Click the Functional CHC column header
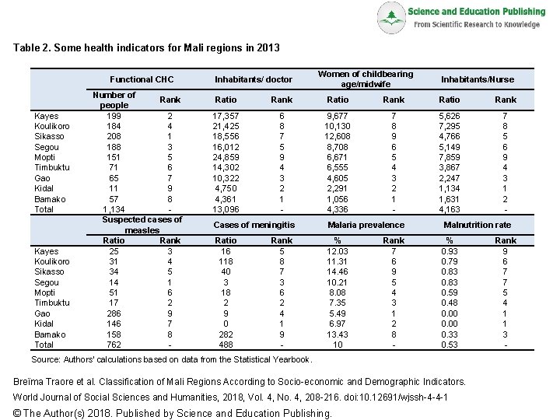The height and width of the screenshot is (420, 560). [x=142, y=79]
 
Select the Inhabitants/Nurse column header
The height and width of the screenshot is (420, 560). [x=477, y=79]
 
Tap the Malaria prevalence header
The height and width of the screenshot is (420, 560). [x=365, y=225]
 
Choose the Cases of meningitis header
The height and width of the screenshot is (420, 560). [x=254, y=225]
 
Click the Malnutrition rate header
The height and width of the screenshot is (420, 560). [x=477, y=225]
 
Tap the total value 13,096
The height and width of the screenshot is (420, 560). [x=226, y=209]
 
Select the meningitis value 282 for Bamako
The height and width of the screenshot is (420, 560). [x=226, y=334]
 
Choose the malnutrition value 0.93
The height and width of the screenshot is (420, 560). [x=450, y=251]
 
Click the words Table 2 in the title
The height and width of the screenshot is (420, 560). [x=33, y=48]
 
